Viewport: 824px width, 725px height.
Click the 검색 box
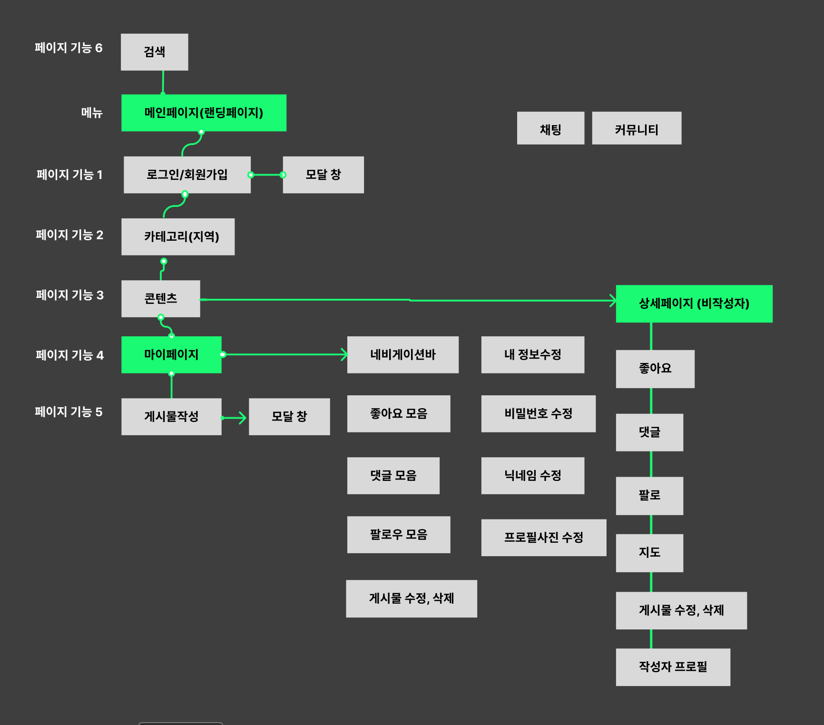coord(154,52)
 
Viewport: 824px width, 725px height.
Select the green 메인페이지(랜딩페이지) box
coord(204,113)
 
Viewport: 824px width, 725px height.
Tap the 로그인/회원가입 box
coord(187,175)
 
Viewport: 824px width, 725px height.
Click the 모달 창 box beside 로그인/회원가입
coord(323,175)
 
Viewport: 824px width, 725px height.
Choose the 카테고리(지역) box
coord(177,236)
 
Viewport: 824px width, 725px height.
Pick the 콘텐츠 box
coord(160,298)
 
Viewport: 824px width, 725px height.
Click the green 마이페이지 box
coord(171,354)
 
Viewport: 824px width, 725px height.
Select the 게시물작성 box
coord(171,416)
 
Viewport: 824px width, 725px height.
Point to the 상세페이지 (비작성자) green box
coord(694,304)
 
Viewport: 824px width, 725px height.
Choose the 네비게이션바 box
coord(402,354)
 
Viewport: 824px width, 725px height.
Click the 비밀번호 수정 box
coord(538,413)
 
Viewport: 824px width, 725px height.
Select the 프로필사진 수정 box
coord(543,538)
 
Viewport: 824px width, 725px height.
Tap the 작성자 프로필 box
coord(673,667)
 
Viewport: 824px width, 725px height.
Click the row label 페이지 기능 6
coord(69,48)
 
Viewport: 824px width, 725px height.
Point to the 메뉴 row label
coord(92,113)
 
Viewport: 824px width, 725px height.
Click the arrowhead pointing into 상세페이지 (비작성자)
coord(612,301)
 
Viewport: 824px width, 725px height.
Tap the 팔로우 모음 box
coord(398,534)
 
